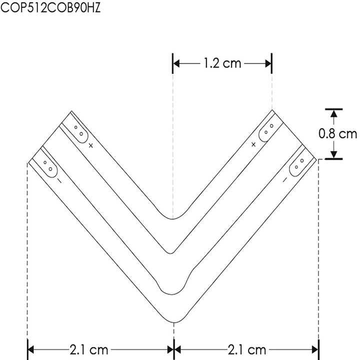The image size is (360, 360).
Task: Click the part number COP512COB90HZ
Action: point(48,8)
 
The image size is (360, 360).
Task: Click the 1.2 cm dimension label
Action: point(221,63)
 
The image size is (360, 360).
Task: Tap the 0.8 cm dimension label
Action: point(338,133)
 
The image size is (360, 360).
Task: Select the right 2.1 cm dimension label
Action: point(247,348)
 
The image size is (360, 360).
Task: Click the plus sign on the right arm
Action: point(253,144)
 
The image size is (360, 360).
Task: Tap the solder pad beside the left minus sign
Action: point(48,165)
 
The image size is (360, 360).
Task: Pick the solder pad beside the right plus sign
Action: point(267,130)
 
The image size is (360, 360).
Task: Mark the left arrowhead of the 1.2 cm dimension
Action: point(176,63)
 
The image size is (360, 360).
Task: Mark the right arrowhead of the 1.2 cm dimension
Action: point(268,63)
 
